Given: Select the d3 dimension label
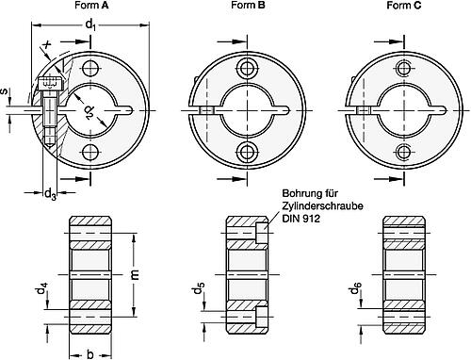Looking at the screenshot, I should [50, 194].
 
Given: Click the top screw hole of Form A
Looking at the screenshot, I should [90, 68].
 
